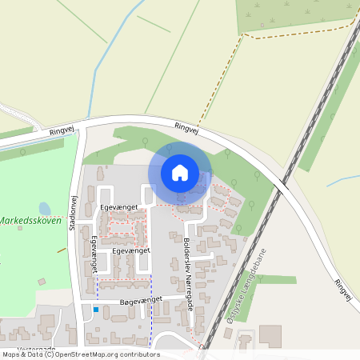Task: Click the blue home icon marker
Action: (180, 173)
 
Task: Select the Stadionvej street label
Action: (73, 215)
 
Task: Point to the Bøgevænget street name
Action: (141, 298)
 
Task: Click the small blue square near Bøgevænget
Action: (96, 310)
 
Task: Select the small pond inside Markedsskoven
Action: (45, 210)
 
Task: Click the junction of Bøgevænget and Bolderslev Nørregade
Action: (191, 298)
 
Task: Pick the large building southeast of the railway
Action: (270, 336)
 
